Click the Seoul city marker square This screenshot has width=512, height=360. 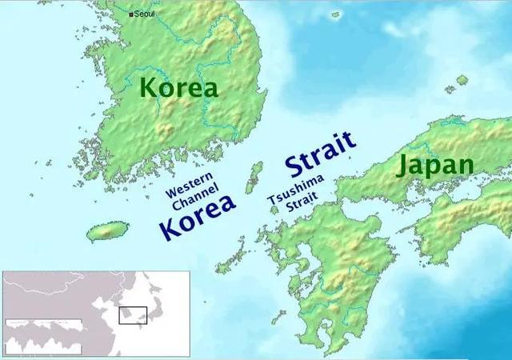click(131, 14)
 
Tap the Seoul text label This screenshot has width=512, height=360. click(145, 14)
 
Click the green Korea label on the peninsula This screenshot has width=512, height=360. click(178, 87)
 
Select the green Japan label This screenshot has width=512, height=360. click(435, 166)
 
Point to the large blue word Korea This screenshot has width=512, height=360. click(198, 215)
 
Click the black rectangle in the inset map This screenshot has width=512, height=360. click(133, 314)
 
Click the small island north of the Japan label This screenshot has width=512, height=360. click(462, 80)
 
